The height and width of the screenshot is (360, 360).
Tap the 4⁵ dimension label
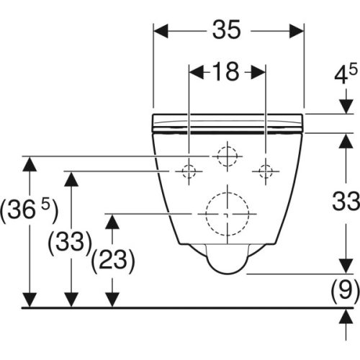[342, 75]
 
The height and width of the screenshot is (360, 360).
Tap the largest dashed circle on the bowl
[227, 214]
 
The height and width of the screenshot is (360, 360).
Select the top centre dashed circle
[227, 155]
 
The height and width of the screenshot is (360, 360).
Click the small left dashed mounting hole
[189, 171]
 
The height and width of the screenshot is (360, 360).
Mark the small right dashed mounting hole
[266, 171]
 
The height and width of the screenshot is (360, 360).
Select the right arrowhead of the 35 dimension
[297, 30]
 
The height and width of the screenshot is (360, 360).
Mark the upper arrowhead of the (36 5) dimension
[29, 162]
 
